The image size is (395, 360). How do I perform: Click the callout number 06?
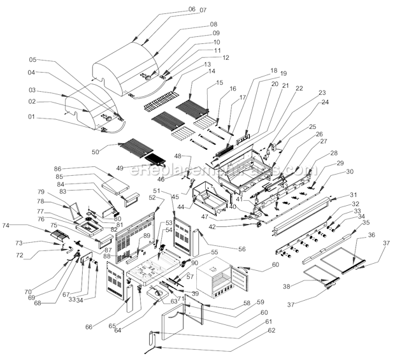point(174,10)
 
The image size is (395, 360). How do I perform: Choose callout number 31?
point(354,194)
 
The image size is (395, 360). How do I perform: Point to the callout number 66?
point(89,327)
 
